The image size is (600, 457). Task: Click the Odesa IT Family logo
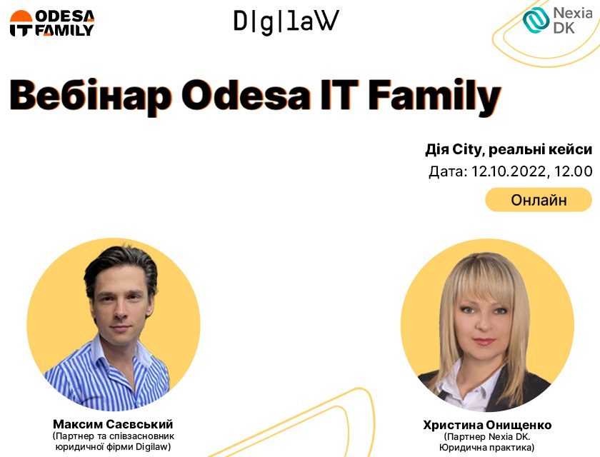coord(52,24)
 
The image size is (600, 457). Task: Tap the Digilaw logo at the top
coord(286,22)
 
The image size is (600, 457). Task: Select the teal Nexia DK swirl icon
coord(536,20)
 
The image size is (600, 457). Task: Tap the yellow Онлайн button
coord(539,200)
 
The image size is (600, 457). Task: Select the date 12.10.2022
coord(508,171)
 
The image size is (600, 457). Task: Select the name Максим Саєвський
coord(113,424)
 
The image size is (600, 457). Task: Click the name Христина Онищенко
coord(487,425)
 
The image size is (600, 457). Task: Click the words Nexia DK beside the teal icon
coord(573,20)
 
